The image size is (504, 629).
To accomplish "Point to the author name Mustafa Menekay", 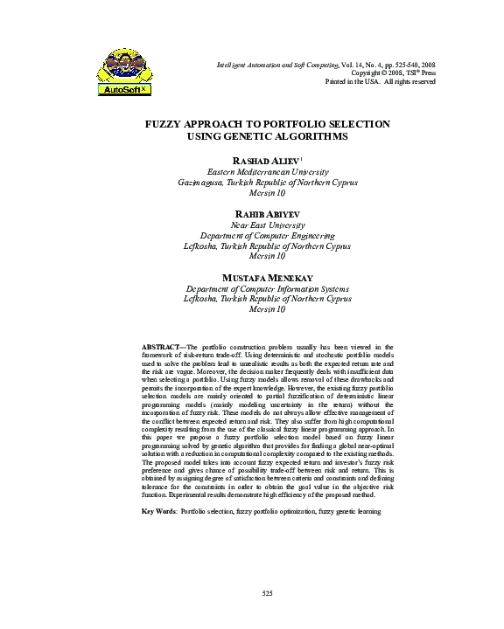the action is pyautogui.click(x=267, y=277).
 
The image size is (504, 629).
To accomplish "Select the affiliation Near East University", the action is pyautogui.click(x=267, y=225).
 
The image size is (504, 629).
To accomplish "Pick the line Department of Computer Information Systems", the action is pyautogui.click(x=267, y=288).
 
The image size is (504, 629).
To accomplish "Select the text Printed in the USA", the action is pyautogui.click(x=353, y=81).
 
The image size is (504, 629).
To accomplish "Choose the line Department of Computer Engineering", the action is pyautogui.click(x=267, y=235).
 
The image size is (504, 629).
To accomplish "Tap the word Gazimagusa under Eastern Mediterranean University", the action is pyautogui.click(x=202, y=183).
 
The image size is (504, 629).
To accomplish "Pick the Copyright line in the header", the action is pyautogui.click(x=392, y=73).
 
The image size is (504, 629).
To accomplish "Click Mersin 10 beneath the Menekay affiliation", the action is pyautogui.click(x=267, y=309).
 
